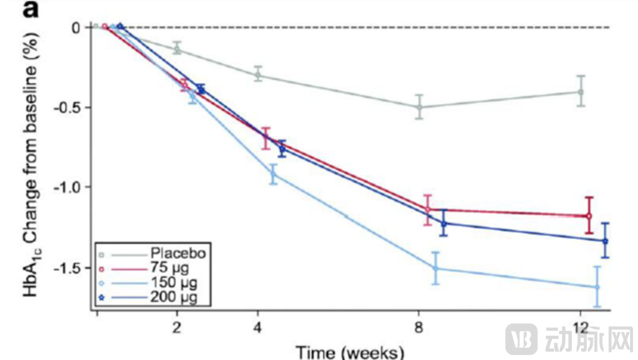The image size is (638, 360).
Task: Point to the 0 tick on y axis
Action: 76,27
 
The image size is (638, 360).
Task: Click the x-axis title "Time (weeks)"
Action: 349,351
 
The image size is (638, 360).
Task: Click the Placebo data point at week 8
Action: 419,107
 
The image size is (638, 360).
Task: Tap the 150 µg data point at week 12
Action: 596,287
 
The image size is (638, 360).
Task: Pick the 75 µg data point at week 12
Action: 588,216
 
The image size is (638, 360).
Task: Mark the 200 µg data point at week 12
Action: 605,241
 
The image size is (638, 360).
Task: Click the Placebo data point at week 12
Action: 580,91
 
